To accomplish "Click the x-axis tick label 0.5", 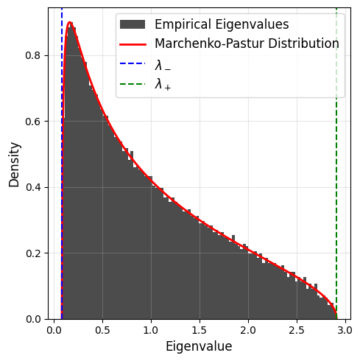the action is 102,330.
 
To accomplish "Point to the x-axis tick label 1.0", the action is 151,330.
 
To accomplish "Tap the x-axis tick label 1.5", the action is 200,330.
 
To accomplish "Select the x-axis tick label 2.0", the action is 248,330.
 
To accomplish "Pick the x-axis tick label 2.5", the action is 297,330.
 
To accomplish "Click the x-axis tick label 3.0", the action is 345,330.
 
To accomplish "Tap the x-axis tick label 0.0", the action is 54,330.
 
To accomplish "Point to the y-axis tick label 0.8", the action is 33,55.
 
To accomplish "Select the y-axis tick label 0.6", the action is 33,122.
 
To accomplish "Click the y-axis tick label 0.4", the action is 33,187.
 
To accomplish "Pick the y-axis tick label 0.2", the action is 33,253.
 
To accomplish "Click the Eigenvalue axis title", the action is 199,347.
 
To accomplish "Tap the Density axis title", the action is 14,165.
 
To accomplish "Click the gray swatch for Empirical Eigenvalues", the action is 133,24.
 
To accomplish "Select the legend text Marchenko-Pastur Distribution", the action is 247,43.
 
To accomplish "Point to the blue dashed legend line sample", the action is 133,63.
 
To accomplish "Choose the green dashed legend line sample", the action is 133,84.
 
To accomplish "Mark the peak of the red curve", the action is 70,22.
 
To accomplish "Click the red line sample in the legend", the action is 133,44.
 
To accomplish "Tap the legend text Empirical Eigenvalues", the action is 222,24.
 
